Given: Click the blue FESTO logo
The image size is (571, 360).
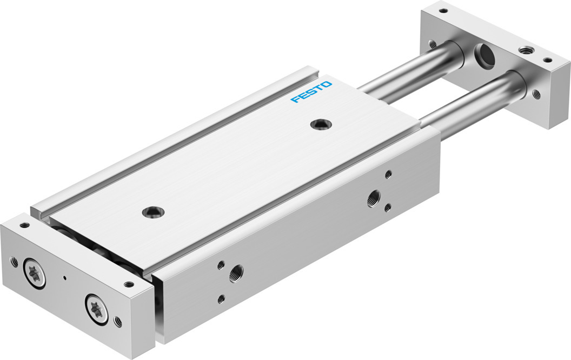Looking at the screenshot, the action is tap(311, 92).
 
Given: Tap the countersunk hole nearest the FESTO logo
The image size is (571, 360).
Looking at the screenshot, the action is tap(321, 124).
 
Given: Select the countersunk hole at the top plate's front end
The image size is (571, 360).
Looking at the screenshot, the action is tap(154, 212).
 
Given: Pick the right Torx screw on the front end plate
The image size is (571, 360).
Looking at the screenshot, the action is tap(96, 309).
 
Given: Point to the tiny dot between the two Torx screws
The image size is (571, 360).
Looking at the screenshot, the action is tap(65, 278).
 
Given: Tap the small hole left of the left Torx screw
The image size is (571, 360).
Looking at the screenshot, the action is tap(14, 262).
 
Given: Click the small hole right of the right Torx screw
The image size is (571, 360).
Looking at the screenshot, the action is tap(118, 321).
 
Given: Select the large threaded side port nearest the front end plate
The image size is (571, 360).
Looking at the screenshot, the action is tap(236, 274).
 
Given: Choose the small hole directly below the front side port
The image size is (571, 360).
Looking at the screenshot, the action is tap(221, 299).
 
